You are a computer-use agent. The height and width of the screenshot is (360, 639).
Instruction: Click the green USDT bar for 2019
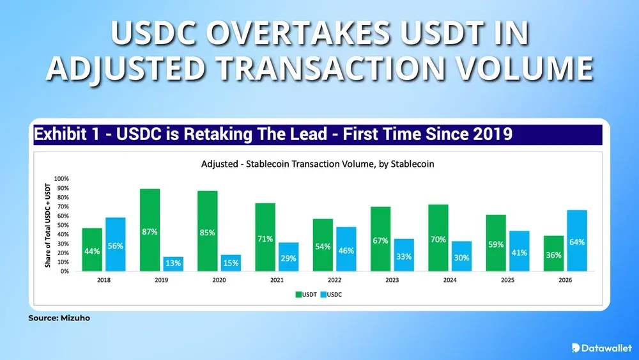pyautogui.click(x=150, y=230)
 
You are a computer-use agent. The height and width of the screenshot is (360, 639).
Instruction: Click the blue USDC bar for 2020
pyautogui.click(x=231, y=263)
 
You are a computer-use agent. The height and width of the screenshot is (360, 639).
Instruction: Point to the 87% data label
pyautogui.click(x=150, y=232)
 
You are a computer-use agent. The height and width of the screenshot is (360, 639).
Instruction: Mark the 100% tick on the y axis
pyautogui.click(x=61, y=178)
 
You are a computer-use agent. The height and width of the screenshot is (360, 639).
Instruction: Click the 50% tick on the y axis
pyautogui.click(x=63, y=225)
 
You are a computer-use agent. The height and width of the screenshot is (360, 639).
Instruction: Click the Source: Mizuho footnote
pyautogui.click(x=55, y=318)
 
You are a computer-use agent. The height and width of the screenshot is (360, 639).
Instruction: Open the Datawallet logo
pyautogui.click(x=601, y=347)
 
